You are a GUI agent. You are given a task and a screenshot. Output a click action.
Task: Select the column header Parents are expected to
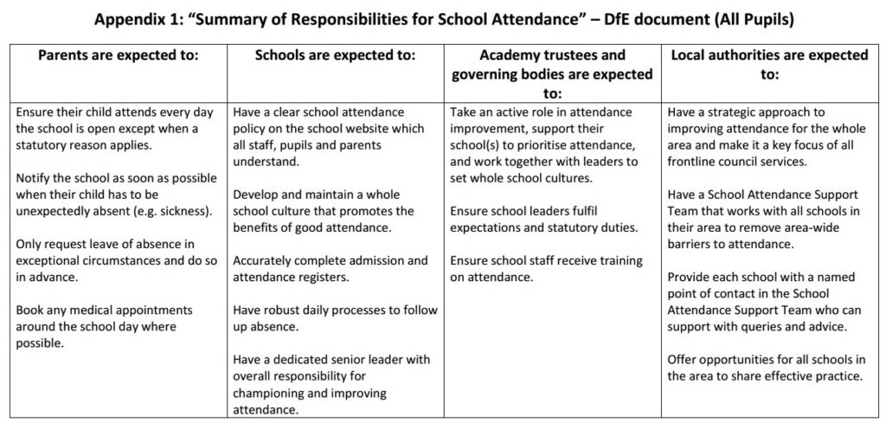119,54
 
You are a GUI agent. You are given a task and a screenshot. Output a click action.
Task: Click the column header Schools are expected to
335,54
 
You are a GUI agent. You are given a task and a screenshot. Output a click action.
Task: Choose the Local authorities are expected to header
770,65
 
